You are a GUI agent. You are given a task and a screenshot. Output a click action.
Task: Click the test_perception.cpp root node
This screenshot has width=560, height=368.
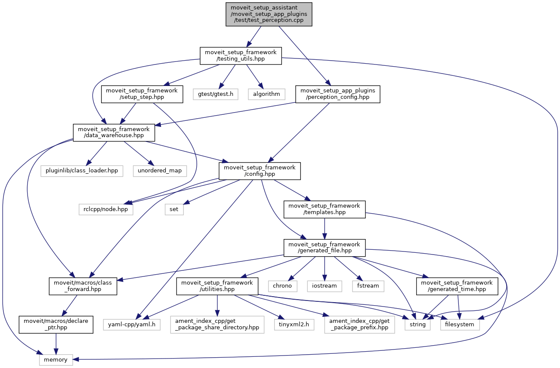tap(269, 14)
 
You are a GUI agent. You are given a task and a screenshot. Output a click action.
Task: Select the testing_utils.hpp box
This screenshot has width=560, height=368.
tap(241, 56)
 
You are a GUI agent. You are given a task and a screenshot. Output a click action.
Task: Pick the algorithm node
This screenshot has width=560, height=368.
tap(266, 94)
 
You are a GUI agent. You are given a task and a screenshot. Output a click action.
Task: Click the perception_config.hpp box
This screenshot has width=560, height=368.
tap(338, 94)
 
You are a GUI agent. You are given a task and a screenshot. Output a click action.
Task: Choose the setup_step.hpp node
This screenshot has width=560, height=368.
tap(142, 94)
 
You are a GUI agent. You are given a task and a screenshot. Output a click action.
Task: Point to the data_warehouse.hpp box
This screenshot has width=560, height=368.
tap(114, 132)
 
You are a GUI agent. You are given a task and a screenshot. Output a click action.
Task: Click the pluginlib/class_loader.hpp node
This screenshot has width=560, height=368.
tap(82, 171)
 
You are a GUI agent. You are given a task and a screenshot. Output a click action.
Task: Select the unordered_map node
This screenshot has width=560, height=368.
tap(160, 171)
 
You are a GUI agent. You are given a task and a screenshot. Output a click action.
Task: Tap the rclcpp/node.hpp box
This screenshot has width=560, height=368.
tap(106, 209)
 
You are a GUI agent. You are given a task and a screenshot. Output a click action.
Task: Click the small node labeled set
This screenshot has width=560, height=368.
tap(174, 209)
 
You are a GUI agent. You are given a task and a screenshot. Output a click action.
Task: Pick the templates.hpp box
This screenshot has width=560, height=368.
tap(324, 209)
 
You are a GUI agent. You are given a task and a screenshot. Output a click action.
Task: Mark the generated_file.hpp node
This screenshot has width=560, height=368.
tap(324, 247)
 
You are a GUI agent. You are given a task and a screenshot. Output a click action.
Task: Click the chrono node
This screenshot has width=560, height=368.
tap(282, 286)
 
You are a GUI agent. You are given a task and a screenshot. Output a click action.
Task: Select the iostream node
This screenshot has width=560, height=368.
tap(325, 286)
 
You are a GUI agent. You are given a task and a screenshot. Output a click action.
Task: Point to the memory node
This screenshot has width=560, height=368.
tap(56, 359)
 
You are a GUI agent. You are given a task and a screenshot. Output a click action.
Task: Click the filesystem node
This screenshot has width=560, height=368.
tap(460, 324)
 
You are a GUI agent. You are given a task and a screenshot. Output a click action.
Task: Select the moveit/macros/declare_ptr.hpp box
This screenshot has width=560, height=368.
tap(56, 324)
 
